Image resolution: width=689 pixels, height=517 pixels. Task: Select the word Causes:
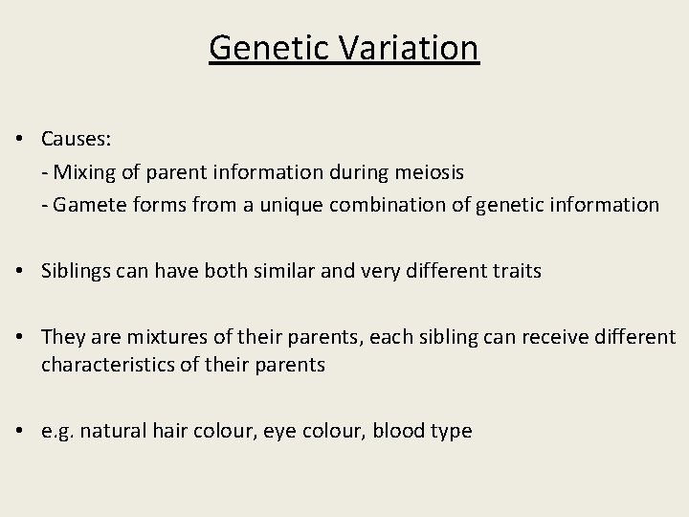pyautogui.click(x=77, y=140)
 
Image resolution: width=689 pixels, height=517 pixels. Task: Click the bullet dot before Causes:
pyautogui.click(x=20, y=140)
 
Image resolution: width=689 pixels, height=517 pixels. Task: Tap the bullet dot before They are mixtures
pyautogui.click(x=20, y=338)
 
